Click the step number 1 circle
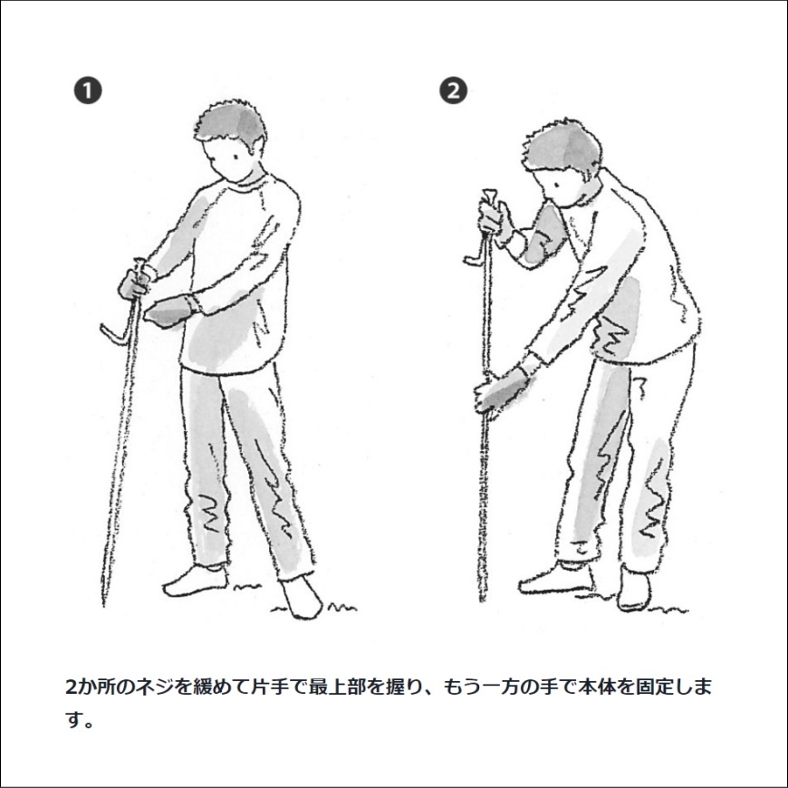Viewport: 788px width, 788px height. pyautogui.click(x=88, y=91)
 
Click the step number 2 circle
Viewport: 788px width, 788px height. pyautogui.click(x=453, y=91)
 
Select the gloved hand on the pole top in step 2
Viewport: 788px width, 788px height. pyautogui.click(x=495, y=220)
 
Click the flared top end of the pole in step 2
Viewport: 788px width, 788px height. pyautogui.click(x=488, y=197)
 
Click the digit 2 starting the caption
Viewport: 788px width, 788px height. pyautogui.click(x=72, y=687)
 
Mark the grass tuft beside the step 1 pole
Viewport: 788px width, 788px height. pyautogui.click(x=240, y=590)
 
